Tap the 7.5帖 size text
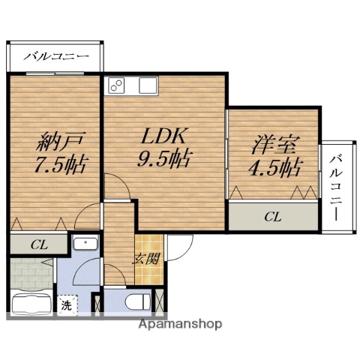pos(55,164)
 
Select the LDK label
pos(163,136)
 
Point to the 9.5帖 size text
pos(163,159)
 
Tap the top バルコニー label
pos(56,56)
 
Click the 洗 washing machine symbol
pos(67,306)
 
